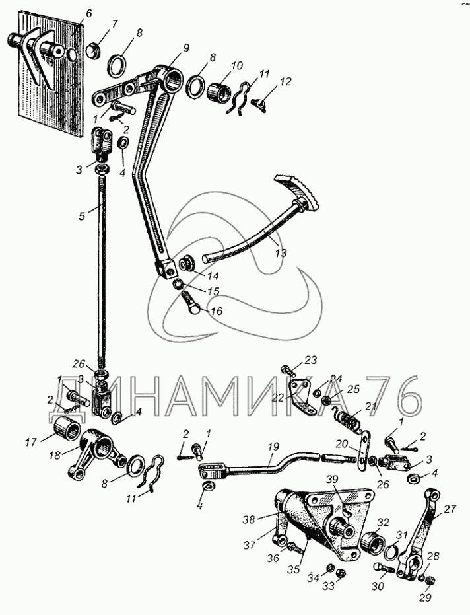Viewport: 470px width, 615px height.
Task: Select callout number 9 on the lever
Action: pyautogui.click(x=185, y=47)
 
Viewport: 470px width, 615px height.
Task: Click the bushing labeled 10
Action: pyautogui.click(x=218, y=88)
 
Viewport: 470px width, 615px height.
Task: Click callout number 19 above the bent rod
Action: pyautogui.click(x=270, y=447)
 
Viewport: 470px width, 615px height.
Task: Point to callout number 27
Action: pyautogui.click(x=450, y=509)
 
